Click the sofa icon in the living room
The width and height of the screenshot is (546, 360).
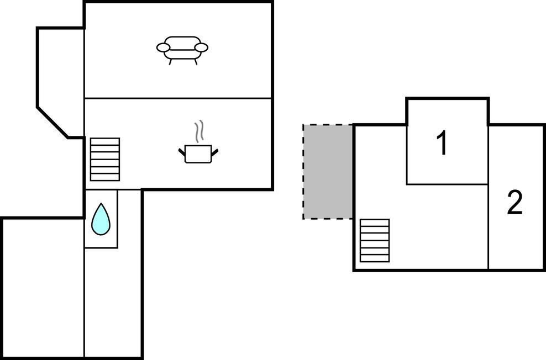182,49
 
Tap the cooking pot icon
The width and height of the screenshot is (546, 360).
198,152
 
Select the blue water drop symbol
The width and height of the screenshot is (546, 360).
101,219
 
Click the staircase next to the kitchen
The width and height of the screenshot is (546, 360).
105,159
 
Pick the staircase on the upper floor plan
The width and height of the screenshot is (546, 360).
374,241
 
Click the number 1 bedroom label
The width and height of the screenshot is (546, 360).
442,144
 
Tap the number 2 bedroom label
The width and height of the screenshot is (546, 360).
514,203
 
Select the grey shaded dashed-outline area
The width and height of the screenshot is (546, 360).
328,171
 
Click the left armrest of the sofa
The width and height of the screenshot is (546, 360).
163,48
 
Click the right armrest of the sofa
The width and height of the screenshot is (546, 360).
202,48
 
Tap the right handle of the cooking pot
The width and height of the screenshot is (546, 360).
215,150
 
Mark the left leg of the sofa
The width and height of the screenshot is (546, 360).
170,61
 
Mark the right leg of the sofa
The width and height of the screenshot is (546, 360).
195,61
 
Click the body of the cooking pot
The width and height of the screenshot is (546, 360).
198,154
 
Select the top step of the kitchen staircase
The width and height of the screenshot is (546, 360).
105,141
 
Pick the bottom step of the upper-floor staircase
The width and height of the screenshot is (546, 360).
374,258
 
